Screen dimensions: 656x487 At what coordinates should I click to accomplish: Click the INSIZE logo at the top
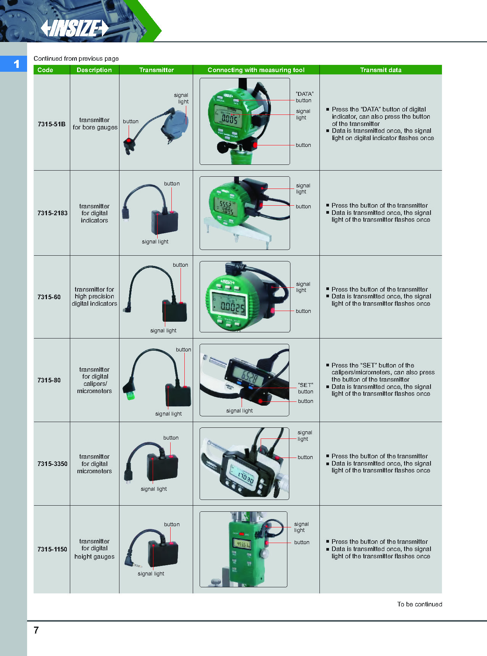pyautogui.click(x=75, y=28)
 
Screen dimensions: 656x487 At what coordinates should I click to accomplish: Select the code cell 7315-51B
pyautogui.click(x=52, y=124)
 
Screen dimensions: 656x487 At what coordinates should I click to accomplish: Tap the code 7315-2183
pyautogui.click(x=52, y=213)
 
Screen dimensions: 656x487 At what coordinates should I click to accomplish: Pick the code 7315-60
pyautogui.click(x=49, y=297)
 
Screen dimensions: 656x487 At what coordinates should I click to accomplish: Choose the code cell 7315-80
pyautogui.click(x=49, y=380)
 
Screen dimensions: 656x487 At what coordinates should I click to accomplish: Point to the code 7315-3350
pyautogui.click(x=52, y=464)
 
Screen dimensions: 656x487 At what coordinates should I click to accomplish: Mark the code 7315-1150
pyautogui.click(x=52, y=549)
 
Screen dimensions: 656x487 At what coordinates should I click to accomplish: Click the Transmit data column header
pyautogui.click(x=381, y=70)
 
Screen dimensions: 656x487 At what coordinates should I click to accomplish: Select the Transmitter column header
pyautogui.click(x=156, y=70)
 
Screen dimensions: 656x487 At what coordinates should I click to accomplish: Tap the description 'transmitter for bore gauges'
pyautogui.click(x=95, y=124)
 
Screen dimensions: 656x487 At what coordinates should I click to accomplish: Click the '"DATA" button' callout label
pyautogui.click(x=304, y=97)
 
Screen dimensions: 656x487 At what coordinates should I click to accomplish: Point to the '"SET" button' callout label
pyautogui.click(x=305, y=388)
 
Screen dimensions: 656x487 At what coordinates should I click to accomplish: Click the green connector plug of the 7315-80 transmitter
pyautogui.click(x=130, y=394)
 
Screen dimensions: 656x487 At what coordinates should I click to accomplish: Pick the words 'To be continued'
pyautogui.click(x=419, y=604)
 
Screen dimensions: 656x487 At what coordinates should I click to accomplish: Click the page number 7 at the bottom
pyautogui.click(x=36, y=630)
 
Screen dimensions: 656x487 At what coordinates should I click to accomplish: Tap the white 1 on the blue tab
pyautogui.click(x=16, y=64)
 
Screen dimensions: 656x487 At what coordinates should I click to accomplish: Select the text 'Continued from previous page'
pyautogui.click(x=76, y=58)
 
